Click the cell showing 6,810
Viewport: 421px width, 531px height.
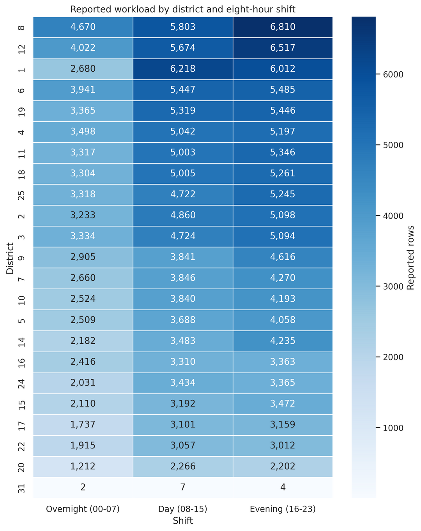(283, 27)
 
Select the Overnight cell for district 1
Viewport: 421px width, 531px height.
(83, 69)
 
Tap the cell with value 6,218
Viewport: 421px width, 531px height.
(183, 69)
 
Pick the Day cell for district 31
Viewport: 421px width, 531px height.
(183, 487)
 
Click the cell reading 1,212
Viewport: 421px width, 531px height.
(83, 466)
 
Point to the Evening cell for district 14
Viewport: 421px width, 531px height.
(283, 341)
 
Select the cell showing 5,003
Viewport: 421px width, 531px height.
(183, 153)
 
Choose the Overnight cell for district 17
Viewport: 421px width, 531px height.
(83, 425)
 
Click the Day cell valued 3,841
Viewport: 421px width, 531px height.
(183, 257)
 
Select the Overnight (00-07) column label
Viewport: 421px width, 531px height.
(83, 509)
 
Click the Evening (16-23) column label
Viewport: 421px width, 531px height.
(283, 509)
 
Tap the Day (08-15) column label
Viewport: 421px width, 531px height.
(182, 509)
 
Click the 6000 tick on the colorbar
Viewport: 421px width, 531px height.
(393, 74)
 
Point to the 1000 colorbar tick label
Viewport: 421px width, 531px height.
(393, 427)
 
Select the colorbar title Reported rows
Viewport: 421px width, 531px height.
(410, 257)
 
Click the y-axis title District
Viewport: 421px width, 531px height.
(10, 258)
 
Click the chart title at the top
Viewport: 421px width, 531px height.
(183, 9)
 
